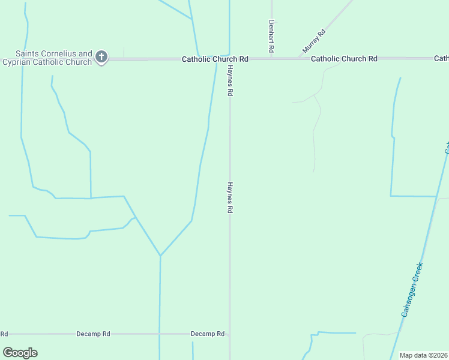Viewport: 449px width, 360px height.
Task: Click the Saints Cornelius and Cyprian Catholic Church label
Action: coord(48,58)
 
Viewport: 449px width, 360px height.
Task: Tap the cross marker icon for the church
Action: coord(101,58)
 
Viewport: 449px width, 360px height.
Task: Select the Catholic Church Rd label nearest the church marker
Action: coord(215,59)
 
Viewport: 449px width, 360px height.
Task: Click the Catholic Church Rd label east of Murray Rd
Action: coord(344,59)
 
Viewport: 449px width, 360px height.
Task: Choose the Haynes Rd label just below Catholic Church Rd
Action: coord(229,82)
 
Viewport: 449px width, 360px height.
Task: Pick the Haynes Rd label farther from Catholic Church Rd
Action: coord(229,199)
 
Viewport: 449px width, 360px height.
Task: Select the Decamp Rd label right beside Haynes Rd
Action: coord(207,334)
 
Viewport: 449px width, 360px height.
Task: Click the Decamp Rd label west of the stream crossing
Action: coord(93,334)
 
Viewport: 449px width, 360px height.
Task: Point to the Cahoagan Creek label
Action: coord(412,290)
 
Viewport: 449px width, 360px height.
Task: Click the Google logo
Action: coord(20,352)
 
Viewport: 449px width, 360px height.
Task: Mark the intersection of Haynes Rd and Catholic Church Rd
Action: coord(229,59)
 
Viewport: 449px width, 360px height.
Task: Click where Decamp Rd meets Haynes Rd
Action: coord(229,334)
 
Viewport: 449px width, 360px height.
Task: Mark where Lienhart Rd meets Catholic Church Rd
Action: coord(272,59)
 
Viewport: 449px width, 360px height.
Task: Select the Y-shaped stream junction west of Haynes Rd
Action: coord(160,256)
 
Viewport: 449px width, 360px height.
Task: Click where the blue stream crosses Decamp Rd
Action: coord(160,334)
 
